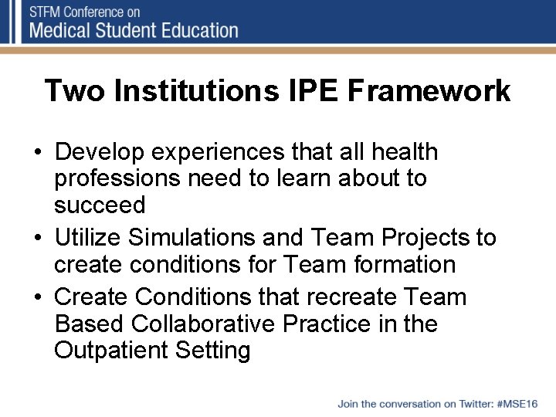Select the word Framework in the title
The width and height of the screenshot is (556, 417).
click(429, 90)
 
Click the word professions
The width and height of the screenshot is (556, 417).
click(120, 178)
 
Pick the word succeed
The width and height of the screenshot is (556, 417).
click(100, 205)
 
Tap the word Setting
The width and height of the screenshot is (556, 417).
click(212, 351)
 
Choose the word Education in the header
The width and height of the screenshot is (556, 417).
click(198, 31)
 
